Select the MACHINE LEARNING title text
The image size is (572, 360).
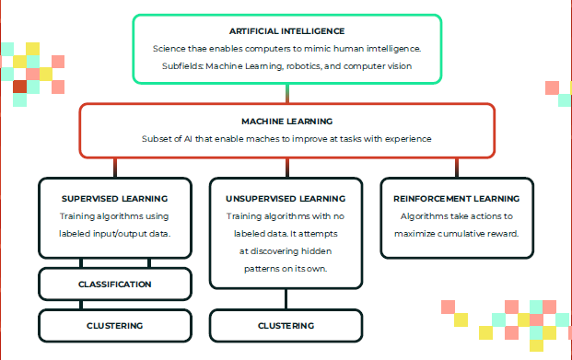pyautogui.click(x=286, y=121)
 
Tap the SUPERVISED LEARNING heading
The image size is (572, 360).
pyautogui.click(x=114, y=198)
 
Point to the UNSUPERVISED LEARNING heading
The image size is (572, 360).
pyautogui.click(x=286, y=198)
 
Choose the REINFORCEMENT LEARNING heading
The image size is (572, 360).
pyautogui.click(x=457, y=198)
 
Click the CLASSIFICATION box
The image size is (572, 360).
pyautogui.click(x=114, y=284)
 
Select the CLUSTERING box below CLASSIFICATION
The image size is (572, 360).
pyautogui.click(x=114, y=325)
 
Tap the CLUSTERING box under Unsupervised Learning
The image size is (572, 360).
pyautogui.click(x=286, y=325)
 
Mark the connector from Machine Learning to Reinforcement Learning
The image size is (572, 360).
pyautogui.click(x=457, y=168)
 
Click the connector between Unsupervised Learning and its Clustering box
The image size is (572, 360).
pyautogui.click(x=286, y=299)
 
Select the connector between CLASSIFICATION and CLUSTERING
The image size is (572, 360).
pyautogui.click(x=114, y=305)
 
